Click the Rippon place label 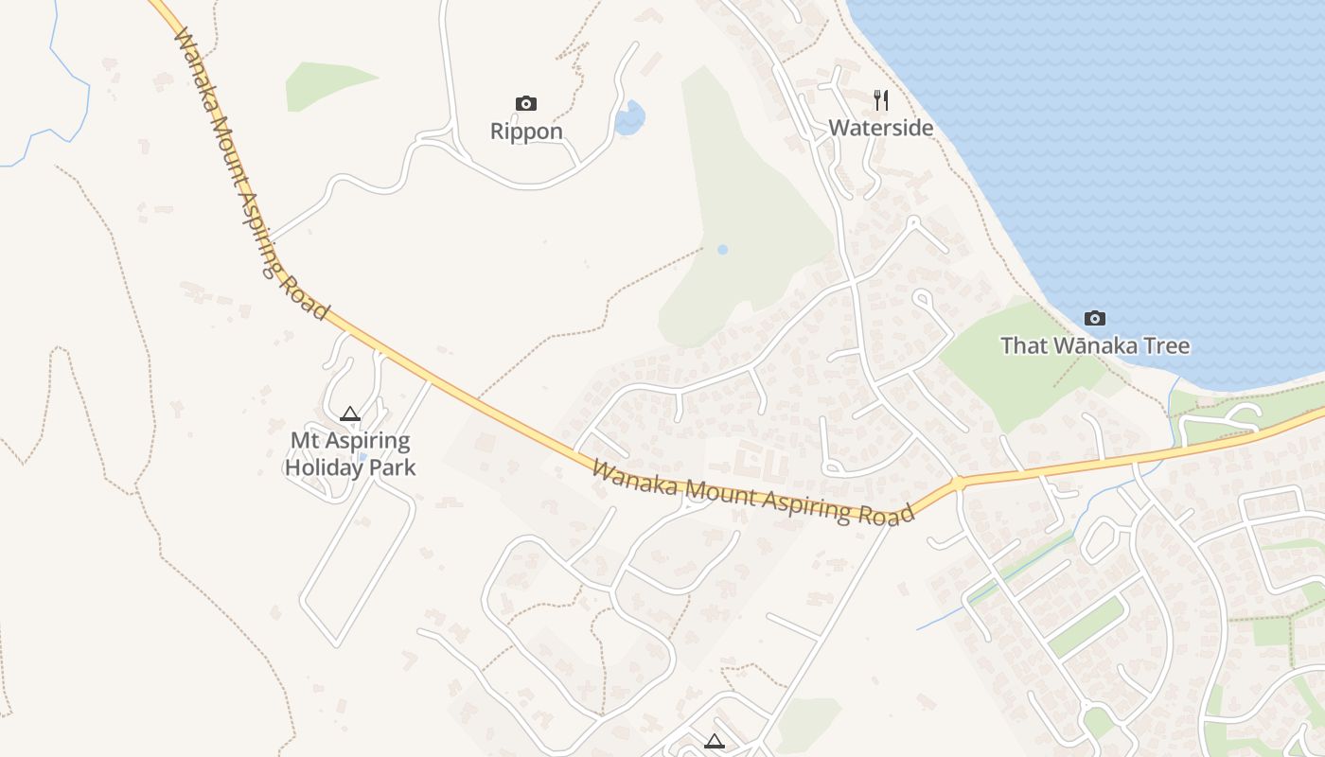pos(526,132)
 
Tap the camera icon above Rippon pos(526,103)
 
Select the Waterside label pos(881,128)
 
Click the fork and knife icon pos(881,99)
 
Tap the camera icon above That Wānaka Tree pos(1095,318)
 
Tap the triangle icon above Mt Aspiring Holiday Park pos(350,414)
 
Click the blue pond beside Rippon pos(629,118)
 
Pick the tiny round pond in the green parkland pos(723,250)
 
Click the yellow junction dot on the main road pos(958,484)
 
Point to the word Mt pos(305,441)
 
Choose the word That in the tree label pos(1023,345)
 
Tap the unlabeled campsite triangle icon pos(715,741)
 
